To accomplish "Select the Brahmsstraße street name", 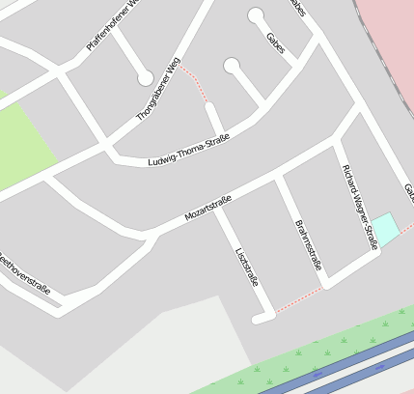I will point(307,245).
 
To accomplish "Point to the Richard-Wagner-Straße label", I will point(359,207).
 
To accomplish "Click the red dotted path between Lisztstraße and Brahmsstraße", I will point(299,299).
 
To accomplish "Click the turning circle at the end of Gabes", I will point(256,15).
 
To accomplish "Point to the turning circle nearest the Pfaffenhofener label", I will point(145,77).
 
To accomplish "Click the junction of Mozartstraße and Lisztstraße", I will point(218,211).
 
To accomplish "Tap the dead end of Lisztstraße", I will point(258,318).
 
